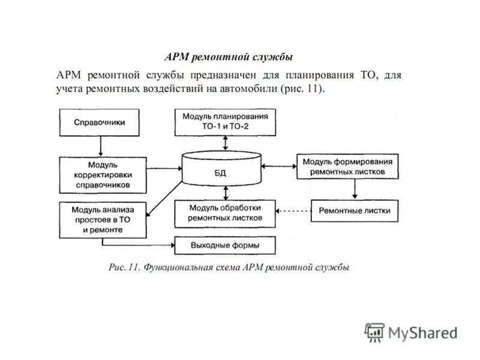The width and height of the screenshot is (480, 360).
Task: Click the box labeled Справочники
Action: click(x=99, y=122)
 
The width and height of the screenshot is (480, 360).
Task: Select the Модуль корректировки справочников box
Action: click(x=103, y=175)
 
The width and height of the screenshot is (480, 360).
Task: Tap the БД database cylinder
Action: click(x=223, y=169)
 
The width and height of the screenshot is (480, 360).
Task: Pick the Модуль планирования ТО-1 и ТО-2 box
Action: click(x=225, y=122)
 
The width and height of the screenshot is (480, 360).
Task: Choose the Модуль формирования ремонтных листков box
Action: click(x=347, y=167)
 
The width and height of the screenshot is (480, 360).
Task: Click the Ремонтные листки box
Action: click(x=354, y=211)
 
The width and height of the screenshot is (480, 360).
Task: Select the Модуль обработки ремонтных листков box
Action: click(x=225, y=214)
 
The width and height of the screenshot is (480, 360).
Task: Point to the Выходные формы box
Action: click(x=225, y=245)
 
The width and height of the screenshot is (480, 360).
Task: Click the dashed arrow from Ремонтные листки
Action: click(x=294, y=211)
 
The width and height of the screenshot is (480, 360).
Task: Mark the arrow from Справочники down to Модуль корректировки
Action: click(x=100, y=146)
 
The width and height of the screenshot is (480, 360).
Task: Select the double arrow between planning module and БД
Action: click(x=226, y=143)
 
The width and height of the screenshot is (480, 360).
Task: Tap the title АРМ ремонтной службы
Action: click(x=229, y=58)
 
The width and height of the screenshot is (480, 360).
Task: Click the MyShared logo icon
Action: click(x=374, y=331)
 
